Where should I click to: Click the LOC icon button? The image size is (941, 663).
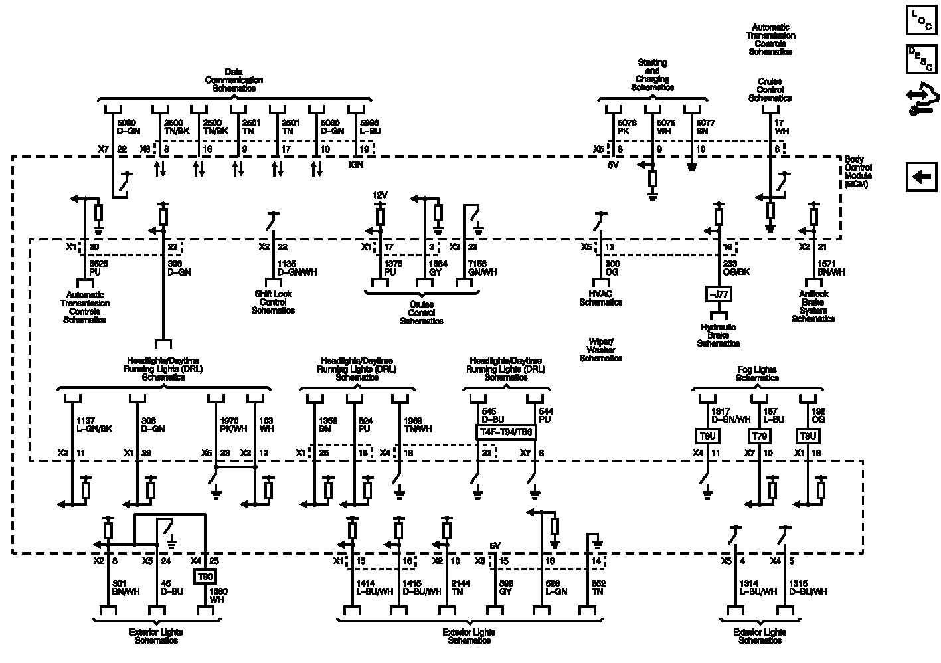(922, 19)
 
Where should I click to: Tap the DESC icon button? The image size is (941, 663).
(922, 58)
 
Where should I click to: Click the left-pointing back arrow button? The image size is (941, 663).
(922, 177)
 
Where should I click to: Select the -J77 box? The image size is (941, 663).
(718, 294)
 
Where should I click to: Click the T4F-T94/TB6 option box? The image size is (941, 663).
(506, 432)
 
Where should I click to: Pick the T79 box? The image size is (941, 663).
(759, 436)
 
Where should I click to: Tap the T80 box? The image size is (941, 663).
(204, 577)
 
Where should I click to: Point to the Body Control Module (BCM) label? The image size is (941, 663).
(858, 172)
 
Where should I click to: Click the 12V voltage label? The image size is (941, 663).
(379, 195)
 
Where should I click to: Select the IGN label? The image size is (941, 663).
(356, 164)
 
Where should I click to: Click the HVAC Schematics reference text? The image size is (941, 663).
(600, 298)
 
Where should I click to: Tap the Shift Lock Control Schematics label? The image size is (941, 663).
(273, 302)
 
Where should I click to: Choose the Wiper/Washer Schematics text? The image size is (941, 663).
(600, 350)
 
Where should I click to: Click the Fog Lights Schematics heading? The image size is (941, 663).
(757, 374)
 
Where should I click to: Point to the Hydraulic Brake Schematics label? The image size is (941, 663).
(718, 335)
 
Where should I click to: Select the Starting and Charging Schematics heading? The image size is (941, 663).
(652, 75)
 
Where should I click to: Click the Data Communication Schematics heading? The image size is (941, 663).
(234, 80)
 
